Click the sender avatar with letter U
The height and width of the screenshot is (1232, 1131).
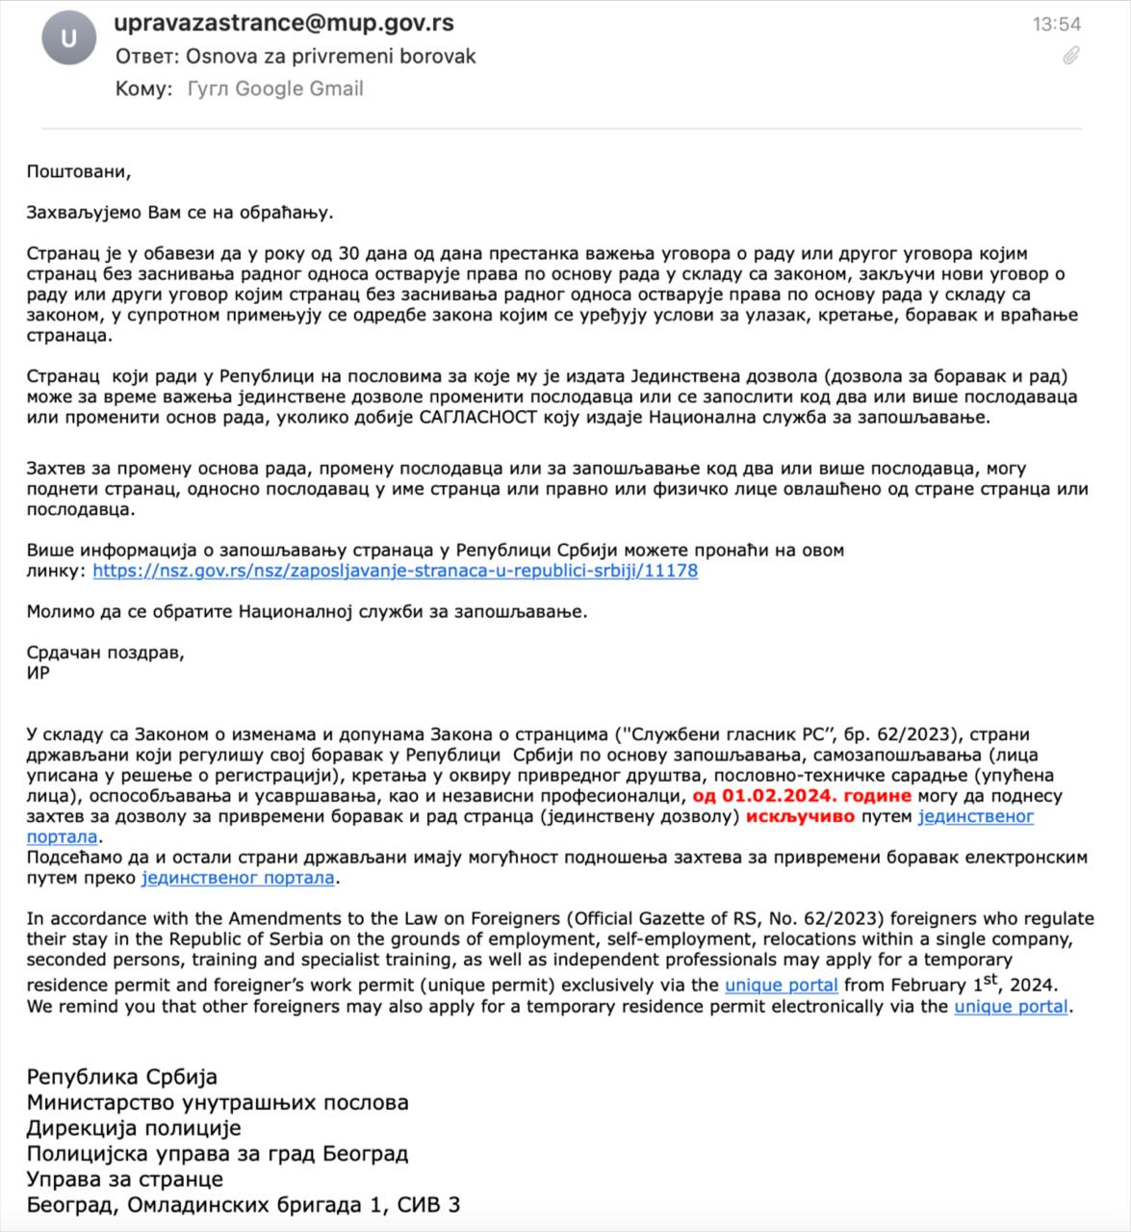click(68, 39)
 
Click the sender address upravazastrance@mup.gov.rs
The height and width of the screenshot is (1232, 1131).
click(284, 23)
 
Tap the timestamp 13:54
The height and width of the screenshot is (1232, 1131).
click(1057, 24)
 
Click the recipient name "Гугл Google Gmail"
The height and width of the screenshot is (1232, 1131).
click(275, 89)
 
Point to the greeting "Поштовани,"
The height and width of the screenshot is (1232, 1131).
click(78, 172)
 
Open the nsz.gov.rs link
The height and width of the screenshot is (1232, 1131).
click(396, 571)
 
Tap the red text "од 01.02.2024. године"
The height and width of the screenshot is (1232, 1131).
click(802, 796)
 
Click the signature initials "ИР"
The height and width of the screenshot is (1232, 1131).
click(39, 673)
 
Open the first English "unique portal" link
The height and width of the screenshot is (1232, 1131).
click(781, 986)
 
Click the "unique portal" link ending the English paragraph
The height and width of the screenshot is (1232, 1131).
click(1011, 1007)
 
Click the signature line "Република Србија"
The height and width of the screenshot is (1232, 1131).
click(122, 1076)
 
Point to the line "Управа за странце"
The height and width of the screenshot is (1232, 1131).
click(125, 1179)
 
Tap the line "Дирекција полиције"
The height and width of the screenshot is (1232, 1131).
click(134, 1128)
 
